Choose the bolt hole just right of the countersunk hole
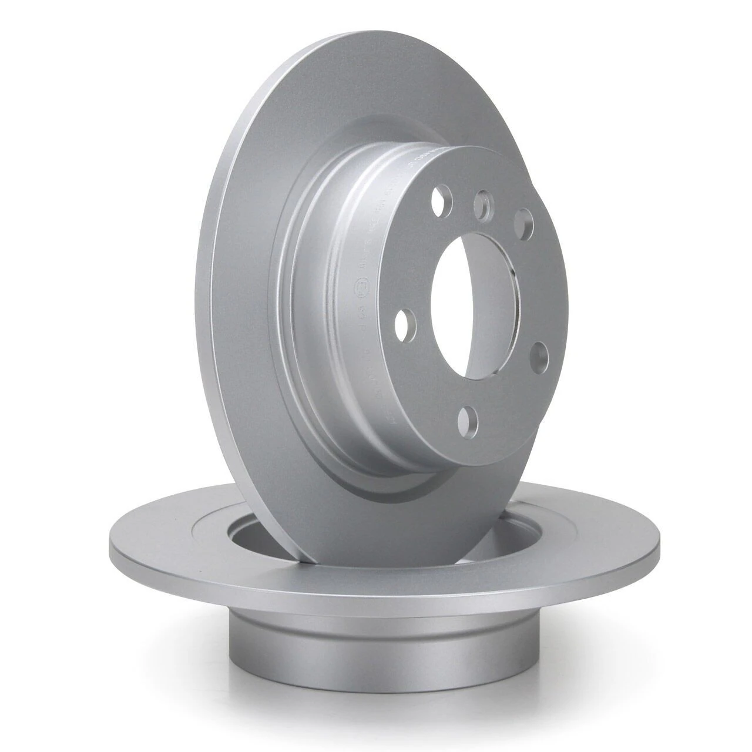pyautogui.click(x=523, y=223)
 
